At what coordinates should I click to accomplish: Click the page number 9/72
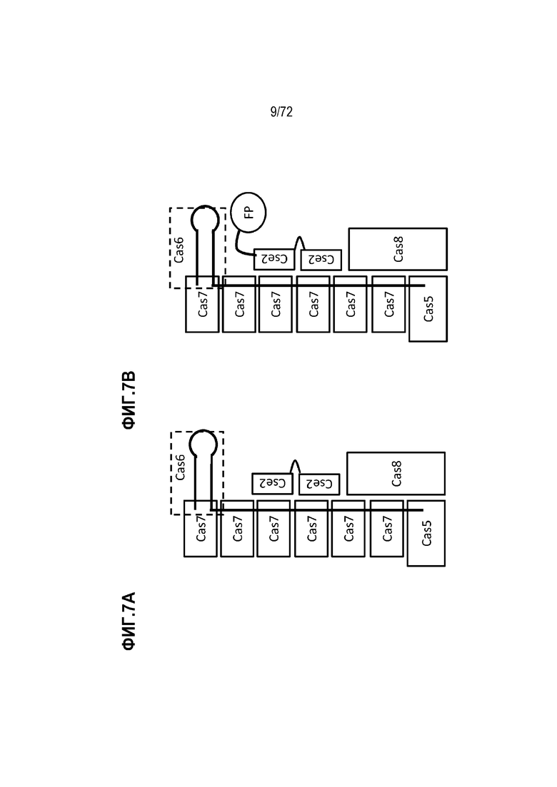281,112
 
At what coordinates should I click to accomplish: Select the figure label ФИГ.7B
129,400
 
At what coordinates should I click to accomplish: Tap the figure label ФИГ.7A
129,621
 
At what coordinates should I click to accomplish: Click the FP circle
248,213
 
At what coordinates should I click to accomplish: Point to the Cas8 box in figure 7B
398,249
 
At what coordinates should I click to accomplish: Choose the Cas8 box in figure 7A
396,473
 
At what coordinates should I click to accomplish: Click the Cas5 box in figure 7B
428,309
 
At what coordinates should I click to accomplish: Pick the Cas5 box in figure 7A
426,533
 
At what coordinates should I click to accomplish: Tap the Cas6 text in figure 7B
179,250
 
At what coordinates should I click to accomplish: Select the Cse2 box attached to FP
274,259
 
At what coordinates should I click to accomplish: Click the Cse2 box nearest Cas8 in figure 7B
321,260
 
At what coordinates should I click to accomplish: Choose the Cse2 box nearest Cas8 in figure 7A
319,484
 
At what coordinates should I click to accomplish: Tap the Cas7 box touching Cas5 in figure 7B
388,304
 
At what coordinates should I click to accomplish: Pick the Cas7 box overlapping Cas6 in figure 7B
202,304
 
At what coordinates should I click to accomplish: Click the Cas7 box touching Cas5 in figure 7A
387,529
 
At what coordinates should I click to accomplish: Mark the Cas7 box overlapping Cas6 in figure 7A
201,529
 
